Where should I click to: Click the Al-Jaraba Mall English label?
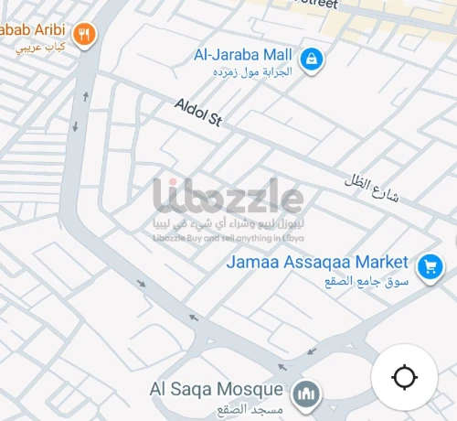point(243,54)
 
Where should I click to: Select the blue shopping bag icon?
point(313,60)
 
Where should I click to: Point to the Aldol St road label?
point(198,112)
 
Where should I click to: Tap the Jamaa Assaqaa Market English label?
point(317,262)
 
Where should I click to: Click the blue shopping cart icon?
point(428,267)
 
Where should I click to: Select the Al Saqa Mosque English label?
point(216,389)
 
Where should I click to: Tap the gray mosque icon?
point(306,395)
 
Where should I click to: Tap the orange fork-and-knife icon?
point(84,35)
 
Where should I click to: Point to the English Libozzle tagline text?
point(228,238)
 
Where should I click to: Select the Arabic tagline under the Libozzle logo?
point(228,224)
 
